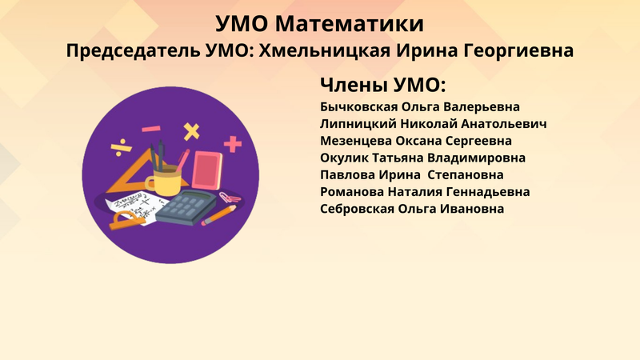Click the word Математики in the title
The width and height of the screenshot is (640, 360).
point(349,24)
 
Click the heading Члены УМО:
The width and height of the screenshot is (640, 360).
point(383,86)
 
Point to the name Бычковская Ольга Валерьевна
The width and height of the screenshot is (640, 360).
point(419,107)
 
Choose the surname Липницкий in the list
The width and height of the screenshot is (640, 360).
point(358,124)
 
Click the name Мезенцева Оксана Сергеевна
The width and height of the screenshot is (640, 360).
point(415,141)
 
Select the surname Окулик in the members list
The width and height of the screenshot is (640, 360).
point(344,158)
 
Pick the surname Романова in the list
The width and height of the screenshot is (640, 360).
point(352,192)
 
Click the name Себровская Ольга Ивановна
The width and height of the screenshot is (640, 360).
point(412,209)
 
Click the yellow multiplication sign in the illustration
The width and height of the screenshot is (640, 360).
point(191,131)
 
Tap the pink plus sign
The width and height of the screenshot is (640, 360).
point(233,144)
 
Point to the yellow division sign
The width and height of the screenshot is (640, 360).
point(122,148)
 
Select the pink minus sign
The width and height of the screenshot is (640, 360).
point(151,129)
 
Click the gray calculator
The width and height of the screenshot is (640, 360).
point(186,207)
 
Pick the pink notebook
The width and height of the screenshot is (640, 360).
point(207,170)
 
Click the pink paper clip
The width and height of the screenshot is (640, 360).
point(230,198)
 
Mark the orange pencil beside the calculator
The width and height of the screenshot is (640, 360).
point(218,215)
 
